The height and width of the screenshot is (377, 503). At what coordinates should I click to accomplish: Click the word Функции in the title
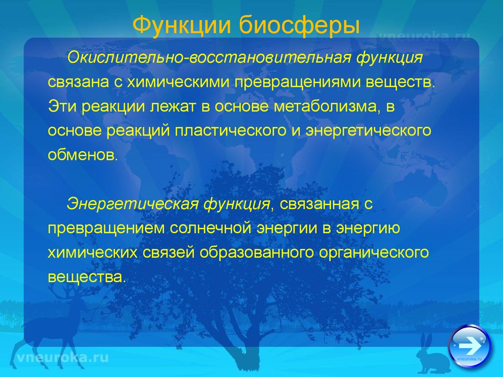click(x=182, y=25)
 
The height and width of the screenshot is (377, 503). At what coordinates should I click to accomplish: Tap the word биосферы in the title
click(x=299, y=26)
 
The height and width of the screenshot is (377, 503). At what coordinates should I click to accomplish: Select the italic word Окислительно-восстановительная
click(x=208, y=58)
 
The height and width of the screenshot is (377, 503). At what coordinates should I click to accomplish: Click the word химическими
click(x=178, y=82)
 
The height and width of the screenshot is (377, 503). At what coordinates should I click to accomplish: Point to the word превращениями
click(x=297, y=82)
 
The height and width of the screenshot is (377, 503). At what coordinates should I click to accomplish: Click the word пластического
click(x=230, y=131)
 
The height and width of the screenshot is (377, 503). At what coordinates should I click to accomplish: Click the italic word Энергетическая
click(x=132, y=204)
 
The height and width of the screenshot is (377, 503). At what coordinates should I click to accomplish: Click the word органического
click(x=374, y=253)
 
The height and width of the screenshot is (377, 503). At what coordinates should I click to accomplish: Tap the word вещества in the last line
click(x=85, y=277)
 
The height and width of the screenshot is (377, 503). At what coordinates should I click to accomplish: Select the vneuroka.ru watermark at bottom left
click(x=62, y=357)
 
